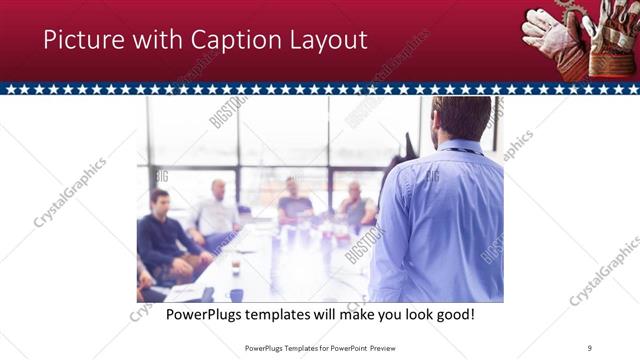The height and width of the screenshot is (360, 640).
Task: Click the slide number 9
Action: [590, 348]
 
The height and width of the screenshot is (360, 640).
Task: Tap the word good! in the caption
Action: [452, 315]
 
